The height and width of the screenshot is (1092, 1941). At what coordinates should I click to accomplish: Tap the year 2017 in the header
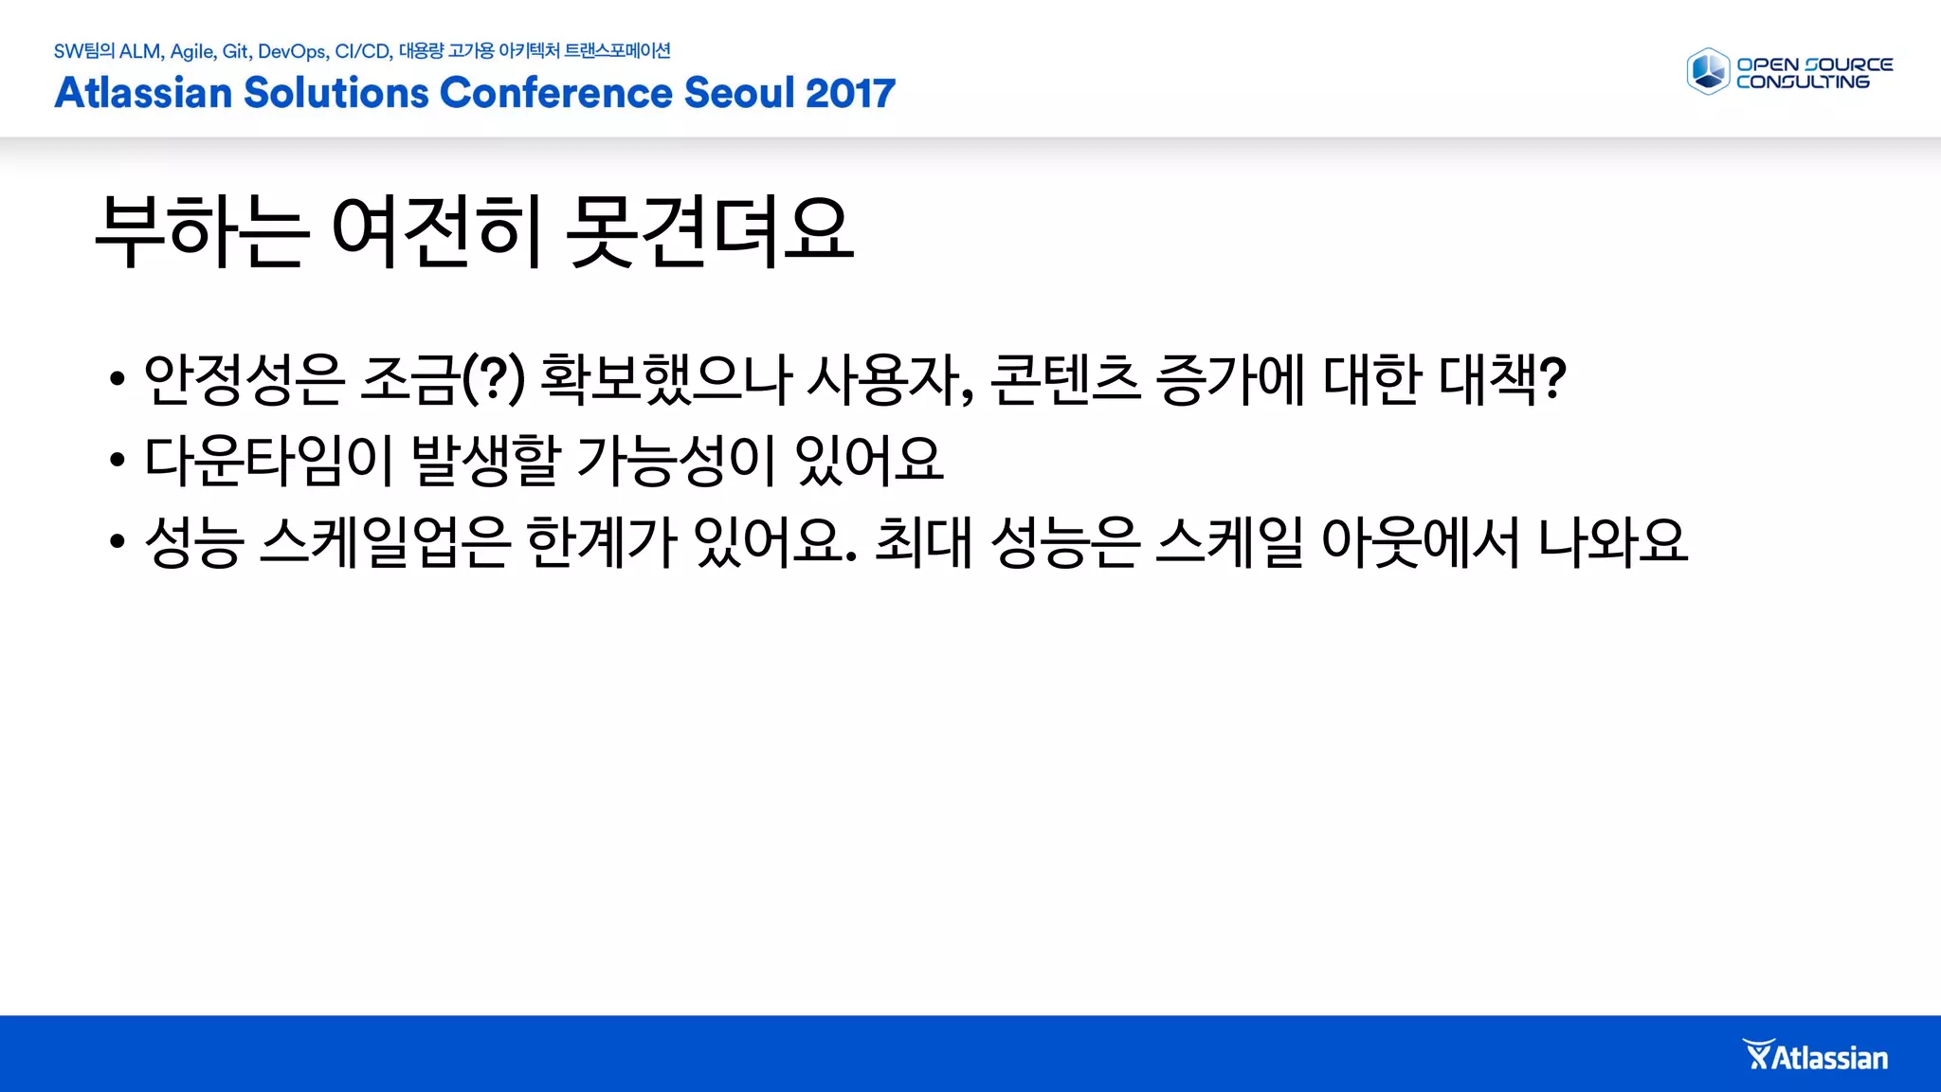point(850,93)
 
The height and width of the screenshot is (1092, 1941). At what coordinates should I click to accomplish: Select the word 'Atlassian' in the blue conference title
point(143,93)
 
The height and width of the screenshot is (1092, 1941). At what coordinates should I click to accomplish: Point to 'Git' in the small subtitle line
point(236,51)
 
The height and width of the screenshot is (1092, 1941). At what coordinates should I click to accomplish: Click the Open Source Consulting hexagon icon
point(1708,72)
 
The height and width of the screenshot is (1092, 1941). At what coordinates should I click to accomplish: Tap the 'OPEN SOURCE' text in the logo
point(1814,64)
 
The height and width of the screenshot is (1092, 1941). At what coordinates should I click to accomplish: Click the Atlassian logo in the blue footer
point(1816,1056)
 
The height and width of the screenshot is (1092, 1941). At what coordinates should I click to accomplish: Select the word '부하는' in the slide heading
point(202,231)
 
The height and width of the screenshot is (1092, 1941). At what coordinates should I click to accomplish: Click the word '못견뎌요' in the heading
point(710,231)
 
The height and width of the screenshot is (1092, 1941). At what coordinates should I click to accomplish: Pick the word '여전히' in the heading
point(437,231)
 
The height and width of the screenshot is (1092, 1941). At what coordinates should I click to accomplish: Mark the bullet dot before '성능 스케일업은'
point(117,542)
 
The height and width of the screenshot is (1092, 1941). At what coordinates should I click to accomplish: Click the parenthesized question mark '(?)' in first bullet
point(492,379)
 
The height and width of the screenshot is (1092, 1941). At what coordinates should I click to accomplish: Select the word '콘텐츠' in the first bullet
point(1064,379)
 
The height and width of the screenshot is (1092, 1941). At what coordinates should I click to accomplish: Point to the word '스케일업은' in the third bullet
point(385,542)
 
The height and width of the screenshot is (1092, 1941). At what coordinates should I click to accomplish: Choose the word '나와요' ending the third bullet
point(1611,542)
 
